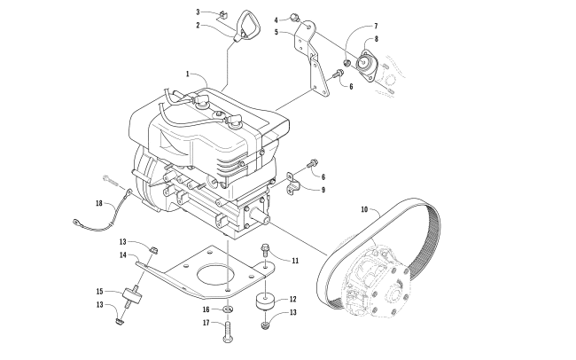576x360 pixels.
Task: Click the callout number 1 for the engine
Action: [188, 74]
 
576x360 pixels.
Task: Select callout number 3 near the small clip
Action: [198, 12]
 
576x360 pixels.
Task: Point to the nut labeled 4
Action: [294, 17]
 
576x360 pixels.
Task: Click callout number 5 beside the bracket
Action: [276, 32]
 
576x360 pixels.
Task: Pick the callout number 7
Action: [376, 26]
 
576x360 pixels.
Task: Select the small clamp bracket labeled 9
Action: [294, 183]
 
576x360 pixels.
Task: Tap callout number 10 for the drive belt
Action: [364, 209]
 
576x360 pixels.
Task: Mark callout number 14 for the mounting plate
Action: [122, 254]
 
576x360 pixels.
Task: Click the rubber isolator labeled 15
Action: [134, 294]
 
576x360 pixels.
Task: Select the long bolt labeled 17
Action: [228, 332]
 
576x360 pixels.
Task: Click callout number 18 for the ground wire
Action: [99, 203]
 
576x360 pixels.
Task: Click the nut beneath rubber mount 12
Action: [265, 325]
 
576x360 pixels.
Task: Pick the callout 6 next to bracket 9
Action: [323, 177]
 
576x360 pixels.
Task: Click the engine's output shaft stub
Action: [260, 215]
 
